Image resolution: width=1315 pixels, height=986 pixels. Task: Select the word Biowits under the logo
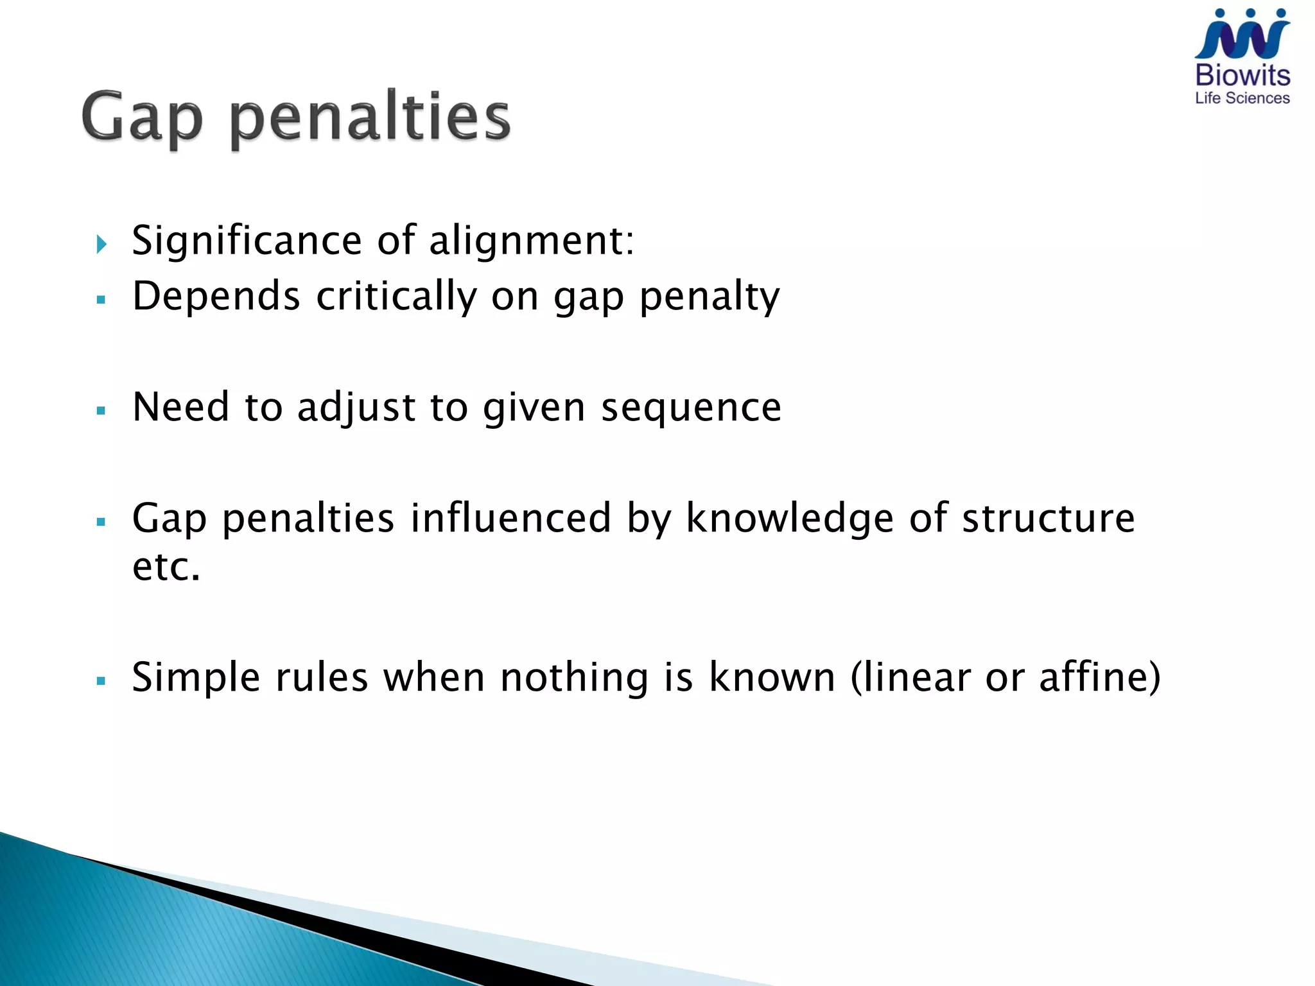click(1242, 76)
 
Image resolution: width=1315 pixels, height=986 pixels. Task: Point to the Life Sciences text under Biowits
click(1242, 98)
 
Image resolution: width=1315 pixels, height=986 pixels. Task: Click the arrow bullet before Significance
click(101, 244)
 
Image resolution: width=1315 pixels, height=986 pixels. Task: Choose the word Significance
click(247, 241)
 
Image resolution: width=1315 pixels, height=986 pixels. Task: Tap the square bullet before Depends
click(101, 299)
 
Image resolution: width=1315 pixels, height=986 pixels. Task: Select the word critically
click(396, 297)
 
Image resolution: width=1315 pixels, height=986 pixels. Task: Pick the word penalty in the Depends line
click(710, 298)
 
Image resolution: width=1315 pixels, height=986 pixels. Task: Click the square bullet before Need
click(101, 410)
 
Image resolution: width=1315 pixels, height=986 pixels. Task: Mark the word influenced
click(510, 518)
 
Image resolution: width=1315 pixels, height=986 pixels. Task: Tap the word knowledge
click(790, 518)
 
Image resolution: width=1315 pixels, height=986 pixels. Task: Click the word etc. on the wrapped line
click(166, 567)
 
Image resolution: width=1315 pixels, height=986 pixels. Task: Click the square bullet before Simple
click(101, 680)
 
